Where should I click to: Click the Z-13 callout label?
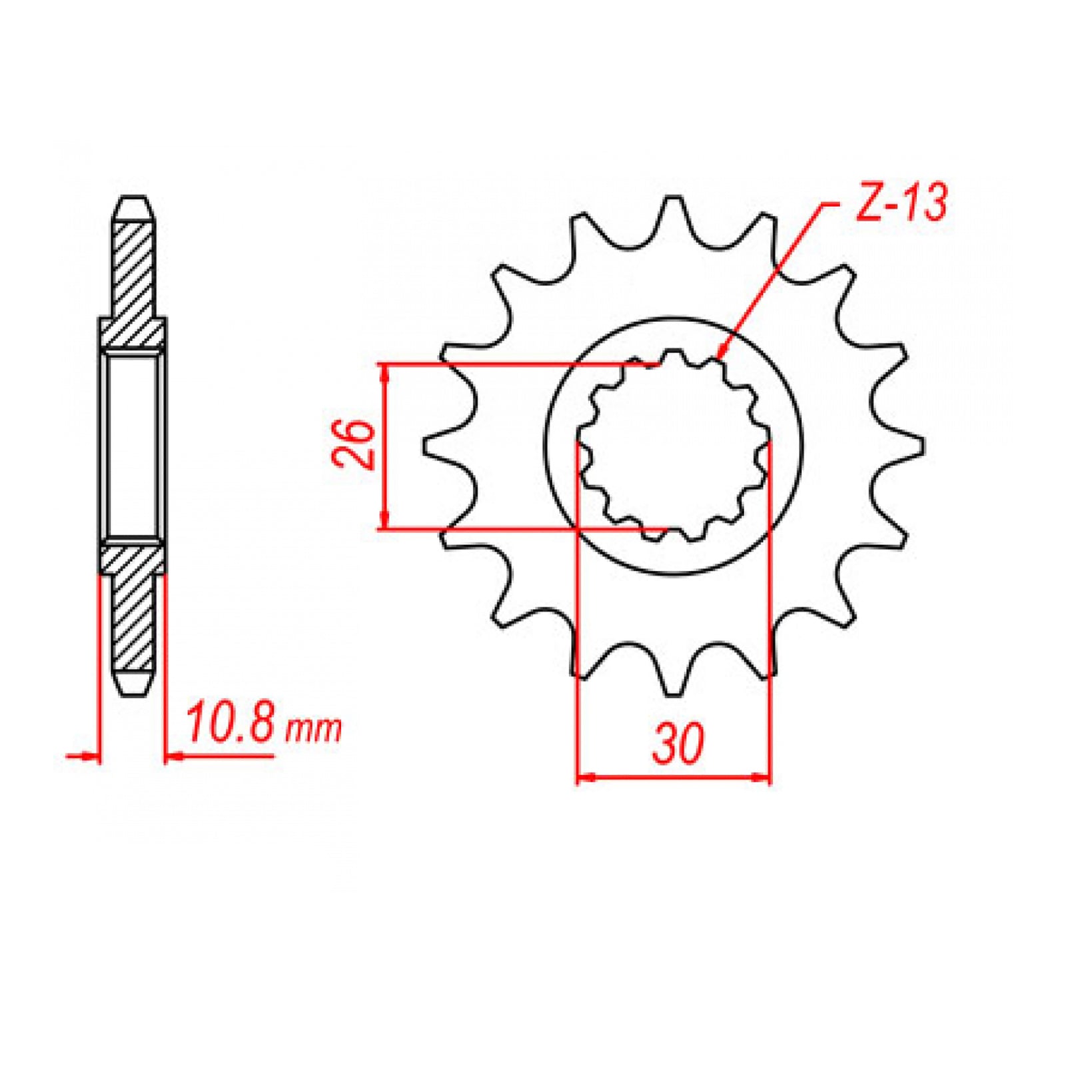(901, 203)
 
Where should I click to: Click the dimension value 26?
(354, 444)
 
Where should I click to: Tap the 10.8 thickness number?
(229, 724)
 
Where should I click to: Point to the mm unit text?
(313, 730)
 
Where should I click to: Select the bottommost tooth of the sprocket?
(674, 684)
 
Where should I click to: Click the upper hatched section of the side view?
(133, 280)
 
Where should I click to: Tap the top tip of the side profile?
(133, 198)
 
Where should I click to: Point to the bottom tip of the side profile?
(133, 693)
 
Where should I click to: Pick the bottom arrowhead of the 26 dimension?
(384, 523)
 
